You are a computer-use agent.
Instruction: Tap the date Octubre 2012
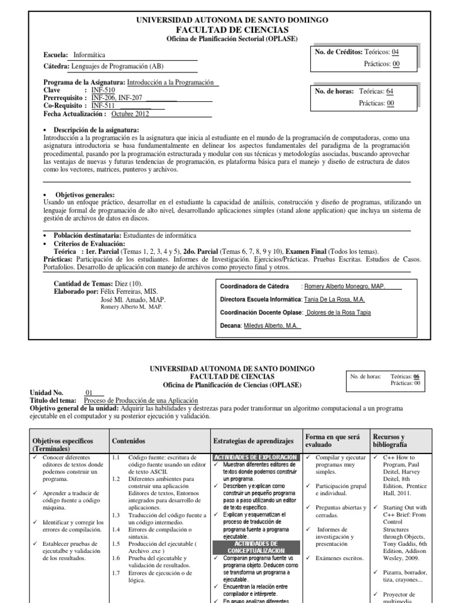coord(130,114)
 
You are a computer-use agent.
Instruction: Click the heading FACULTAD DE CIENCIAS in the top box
coord(232,29)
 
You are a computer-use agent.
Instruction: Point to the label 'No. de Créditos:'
coord(339,52)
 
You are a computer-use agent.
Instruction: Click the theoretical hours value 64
coord(390,91)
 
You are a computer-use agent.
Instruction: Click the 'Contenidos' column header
coord(129,440)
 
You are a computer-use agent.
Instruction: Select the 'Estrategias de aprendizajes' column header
coord(253,440)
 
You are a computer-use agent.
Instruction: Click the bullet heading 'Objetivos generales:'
coord(85,195)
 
